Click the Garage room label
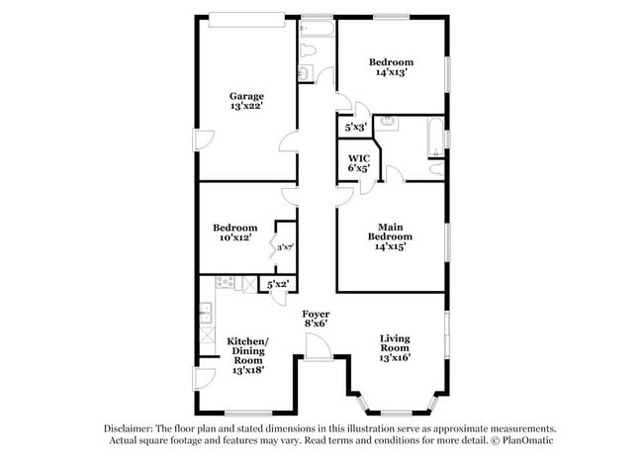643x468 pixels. [246, 96]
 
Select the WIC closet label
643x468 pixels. [358, 158]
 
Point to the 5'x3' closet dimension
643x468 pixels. [355, 128]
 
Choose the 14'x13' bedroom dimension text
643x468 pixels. [391, 71]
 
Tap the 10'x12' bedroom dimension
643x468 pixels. [236, 237]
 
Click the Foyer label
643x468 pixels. [316, 314]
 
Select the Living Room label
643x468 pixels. [395, 343]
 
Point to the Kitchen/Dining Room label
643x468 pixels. [248, 351]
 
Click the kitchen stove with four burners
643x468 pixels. [226, 285]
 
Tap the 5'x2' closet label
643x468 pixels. [278, 285]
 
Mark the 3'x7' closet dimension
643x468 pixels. [286, 247]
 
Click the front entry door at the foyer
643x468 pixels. [319, 349]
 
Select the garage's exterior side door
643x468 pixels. [202, 140]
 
